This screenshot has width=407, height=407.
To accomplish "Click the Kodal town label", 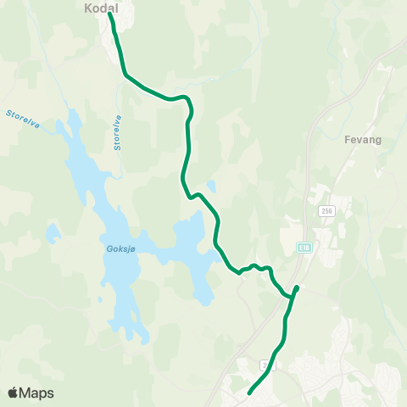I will pyautogui.click(x=100, y=7).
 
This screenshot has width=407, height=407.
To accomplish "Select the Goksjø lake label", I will pyautogui.click(x=121, y=248).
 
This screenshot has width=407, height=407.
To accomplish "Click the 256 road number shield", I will pyautogui.click(x=326, y=210).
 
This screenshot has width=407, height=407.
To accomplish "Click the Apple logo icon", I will pyautogui.click(x=14, y=393).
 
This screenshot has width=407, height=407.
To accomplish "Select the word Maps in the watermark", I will pyautogui.click(x=37, y=393).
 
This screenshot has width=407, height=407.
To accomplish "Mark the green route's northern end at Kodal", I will pyautogui.click(x=110, y=14).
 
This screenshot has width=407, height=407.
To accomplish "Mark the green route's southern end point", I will pyautogui.click(x=249, y=393).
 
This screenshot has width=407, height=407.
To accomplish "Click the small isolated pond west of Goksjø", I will pyautogui.click(x=53, y=231).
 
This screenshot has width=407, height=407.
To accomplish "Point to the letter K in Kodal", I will pyautogui.click(x=89, y=7).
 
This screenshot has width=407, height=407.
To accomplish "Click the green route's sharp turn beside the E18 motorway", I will pyautogui.click(x=296, y=288).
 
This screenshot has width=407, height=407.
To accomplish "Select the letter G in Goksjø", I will pyautogui.click(x=110, y=248).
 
